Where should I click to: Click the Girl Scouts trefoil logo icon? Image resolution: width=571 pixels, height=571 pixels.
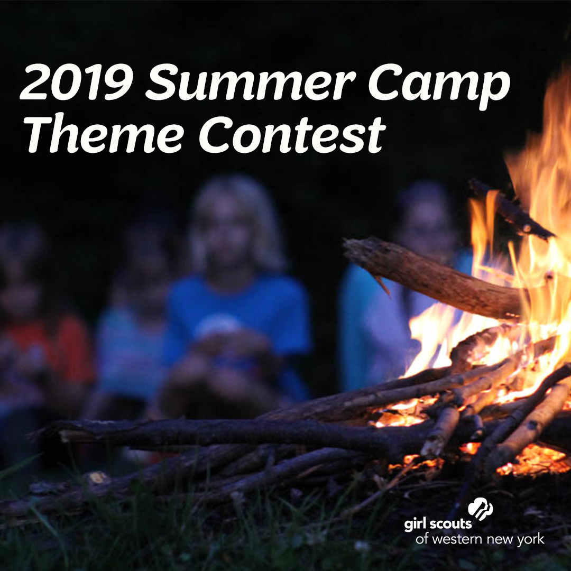(x=482, y=512)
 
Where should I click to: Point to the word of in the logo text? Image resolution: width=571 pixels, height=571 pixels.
(x=421, y=540)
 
